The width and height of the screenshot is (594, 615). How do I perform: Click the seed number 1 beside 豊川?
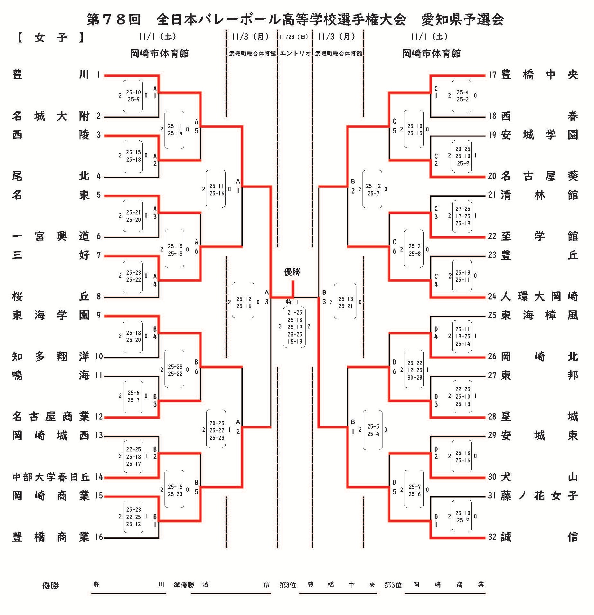(x=99, y=75)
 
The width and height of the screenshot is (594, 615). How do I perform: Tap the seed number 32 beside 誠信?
(x=492, y=537)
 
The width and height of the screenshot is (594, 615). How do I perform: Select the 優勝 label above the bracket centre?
(x=292, y=272)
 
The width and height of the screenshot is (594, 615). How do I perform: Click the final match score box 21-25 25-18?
(x=295, y=327)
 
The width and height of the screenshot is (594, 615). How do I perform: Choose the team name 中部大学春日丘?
(x=51, y=477)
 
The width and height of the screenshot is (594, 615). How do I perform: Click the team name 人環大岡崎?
(x=539, y=296)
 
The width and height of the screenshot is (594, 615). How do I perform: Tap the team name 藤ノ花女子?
(x=539, y=496)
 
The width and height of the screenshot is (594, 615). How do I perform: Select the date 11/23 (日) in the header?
(x=294, y=37)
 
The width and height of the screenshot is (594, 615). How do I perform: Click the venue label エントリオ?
(x=295, y=53)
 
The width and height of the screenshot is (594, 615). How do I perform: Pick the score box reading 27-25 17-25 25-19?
(x=462, y=216)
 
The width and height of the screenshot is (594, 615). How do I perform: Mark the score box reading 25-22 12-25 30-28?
(x=415, y=370)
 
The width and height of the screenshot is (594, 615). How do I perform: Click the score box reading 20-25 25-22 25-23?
(x=217, y=430)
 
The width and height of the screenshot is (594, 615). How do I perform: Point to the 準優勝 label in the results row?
(x=184, y=585)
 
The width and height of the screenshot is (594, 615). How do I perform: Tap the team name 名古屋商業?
(x=51, y=417)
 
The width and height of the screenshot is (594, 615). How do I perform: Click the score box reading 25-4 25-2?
(x=462, y=96)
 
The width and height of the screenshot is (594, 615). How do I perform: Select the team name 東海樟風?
(x=539, y=315)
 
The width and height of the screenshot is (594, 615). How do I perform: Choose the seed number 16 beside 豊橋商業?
(x=99, y=537)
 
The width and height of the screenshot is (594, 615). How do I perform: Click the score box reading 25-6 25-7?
(x=133, y=396)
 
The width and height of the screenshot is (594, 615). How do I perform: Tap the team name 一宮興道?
(x=51, y=236)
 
